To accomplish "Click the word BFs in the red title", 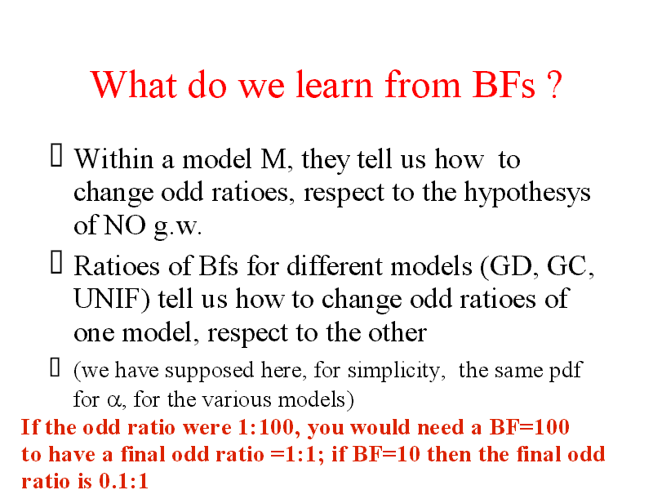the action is (504, 85).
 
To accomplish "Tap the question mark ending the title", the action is (555, 85).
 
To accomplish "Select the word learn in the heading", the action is (334, 85).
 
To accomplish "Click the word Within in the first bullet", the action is (113, 159).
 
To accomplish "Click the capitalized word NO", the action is (125, 225).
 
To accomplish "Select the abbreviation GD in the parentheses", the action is (514, 266).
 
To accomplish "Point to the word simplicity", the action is (394, 371).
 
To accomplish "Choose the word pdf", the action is (566, 371).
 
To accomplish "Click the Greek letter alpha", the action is (113, 401).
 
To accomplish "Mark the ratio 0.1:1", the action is (124, 481).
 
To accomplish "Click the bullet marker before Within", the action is (56, 155).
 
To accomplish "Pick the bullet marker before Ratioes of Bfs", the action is (56, 262).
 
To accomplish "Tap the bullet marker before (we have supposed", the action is (55, 367).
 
